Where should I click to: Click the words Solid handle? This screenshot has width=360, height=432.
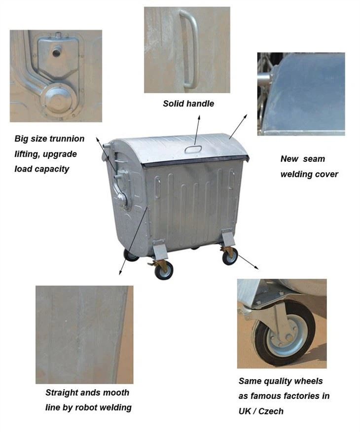[x=188, y=104]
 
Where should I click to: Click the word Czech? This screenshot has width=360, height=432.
[x=271, y=411]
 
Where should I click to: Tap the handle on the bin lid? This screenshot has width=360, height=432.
[x=193, y=149]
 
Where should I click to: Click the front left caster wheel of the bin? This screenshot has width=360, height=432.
[x=164, y=270]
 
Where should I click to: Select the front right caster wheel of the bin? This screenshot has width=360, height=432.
[x=230, y=256]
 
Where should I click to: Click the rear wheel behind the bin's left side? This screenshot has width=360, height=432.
[x=130, y=255]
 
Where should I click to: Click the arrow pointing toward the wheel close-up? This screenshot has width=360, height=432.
[x=248, y=262]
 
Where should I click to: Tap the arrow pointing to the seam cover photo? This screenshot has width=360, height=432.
[x=238, y=126]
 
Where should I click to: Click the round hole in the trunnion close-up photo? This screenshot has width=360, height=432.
[x=56, y=52]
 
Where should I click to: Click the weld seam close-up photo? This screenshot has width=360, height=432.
[x=84, y=334]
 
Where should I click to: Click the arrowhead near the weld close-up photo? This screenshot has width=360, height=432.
[x=120, y=272]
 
